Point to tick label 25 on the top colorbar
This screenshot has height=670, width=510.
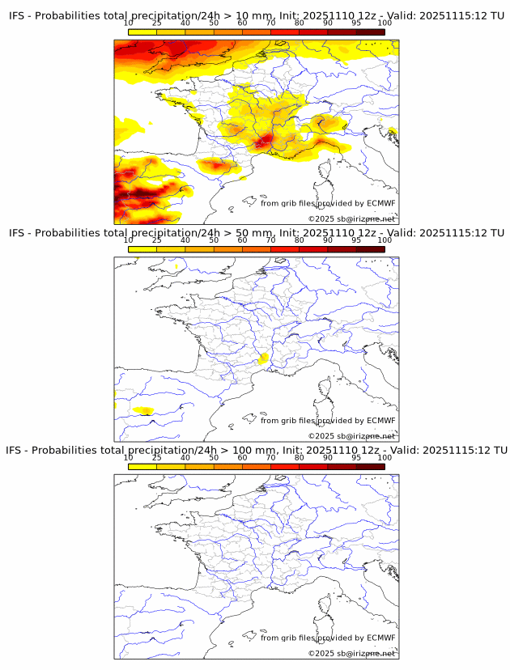pyautogui.click(x=157, y=23)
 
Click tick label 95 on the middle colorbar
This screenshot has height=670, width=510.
pyautogui.click(x=356, y=240)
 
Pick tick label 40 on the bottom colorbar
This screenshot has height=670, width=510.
pyautogui.click(x=185, y=457)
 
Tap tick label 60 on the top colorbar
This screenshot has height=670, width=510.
pyautogui.click(x=242, y=23)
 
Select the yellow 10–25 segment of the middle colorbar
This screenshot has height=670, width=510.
pyautogui.click(x=142, y=248)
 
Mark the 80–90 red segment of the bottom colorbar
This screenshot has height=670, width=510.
pyautogui.click(x=313, y=466)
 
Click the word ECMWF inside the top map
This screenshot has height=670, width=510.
pyautogui.click(x=381, y=203)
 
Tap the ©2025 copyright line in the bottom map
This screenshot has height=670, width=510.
pyautogui.click(x=351, y=653)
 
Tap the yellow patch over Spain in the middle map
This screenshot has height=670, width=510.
pyautogui.click(x=144, y=411)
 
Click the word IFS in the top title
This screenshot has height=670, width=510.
pyautogui.click(x=17, y=16)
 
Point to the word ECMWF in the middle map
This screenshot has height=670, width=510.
pyautogui.click(x=381, y=420)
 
